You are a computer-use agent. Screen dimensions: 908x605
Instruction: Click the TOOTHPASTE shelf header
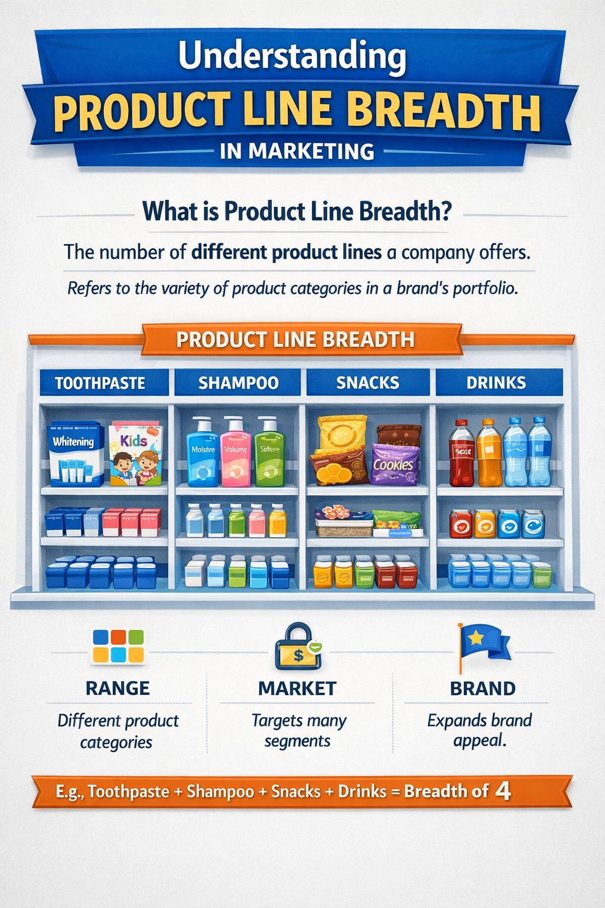click(100, 383)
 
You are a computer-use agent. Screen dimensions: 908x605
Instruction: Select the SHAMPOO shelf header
click(238, 383)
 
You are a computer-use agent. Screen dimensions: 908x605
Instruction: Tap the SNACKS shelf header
click(367, 383)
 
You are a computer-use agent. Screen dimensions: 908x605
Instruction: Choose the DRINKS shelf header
click(496, 383)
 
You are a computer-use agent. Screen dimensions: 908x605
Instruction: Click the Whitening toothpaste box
click(75, 453)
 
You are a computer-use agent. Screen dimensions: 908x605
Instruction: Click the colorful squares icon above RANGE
click(118, 646)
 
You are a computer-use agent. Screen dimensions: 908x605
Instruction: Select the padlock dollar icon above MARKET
click(298, 648)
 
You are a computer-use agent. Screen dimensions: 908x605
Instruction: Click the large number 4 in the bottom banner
click(503, 790)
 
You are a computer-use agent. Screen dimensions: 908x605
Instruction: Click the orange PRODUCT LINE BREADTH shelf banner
click(295, 340)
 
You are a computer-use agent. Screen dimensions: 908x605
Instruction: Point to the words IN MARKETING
click(297, 151)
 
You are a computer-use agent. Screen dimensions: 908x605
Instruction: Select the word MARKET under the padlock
click(297, 689)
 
